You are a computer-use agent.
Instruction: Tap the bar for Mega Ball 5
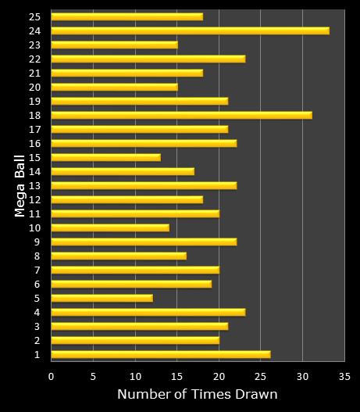(x=102, y=298)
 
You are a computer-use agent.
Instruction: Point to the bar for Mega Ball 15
(x=105, y=157)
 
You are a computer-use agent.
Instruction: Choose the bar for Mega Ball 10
(x=109, y=227)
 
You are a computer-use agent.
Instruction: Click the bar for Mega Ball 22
(x=148, y=59)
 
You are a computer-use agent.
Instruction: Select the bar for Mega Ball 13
(x=144, y=185)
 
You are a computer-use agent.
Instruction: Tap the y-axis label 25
(x=35, y=16)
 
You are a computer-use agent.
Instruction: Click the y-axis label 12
(x=35, y=199)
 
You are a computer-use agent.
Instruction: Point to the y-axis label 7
(x=37, y=270)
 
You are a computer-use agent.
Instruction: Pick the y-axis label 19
(x=35, y=101)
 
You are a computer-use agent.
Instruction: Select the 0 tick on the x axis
(x=51, y=375)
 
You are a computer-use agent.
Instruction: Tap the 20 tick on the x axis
(x=219, y=375)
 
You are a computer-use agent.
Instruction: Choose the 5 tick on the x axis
(x=93, y=375)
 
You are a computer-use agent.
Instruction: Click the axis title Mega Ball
(x=20, y=185)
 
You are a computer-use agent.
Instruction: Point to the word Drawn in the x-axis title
(x=258, y=394)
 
